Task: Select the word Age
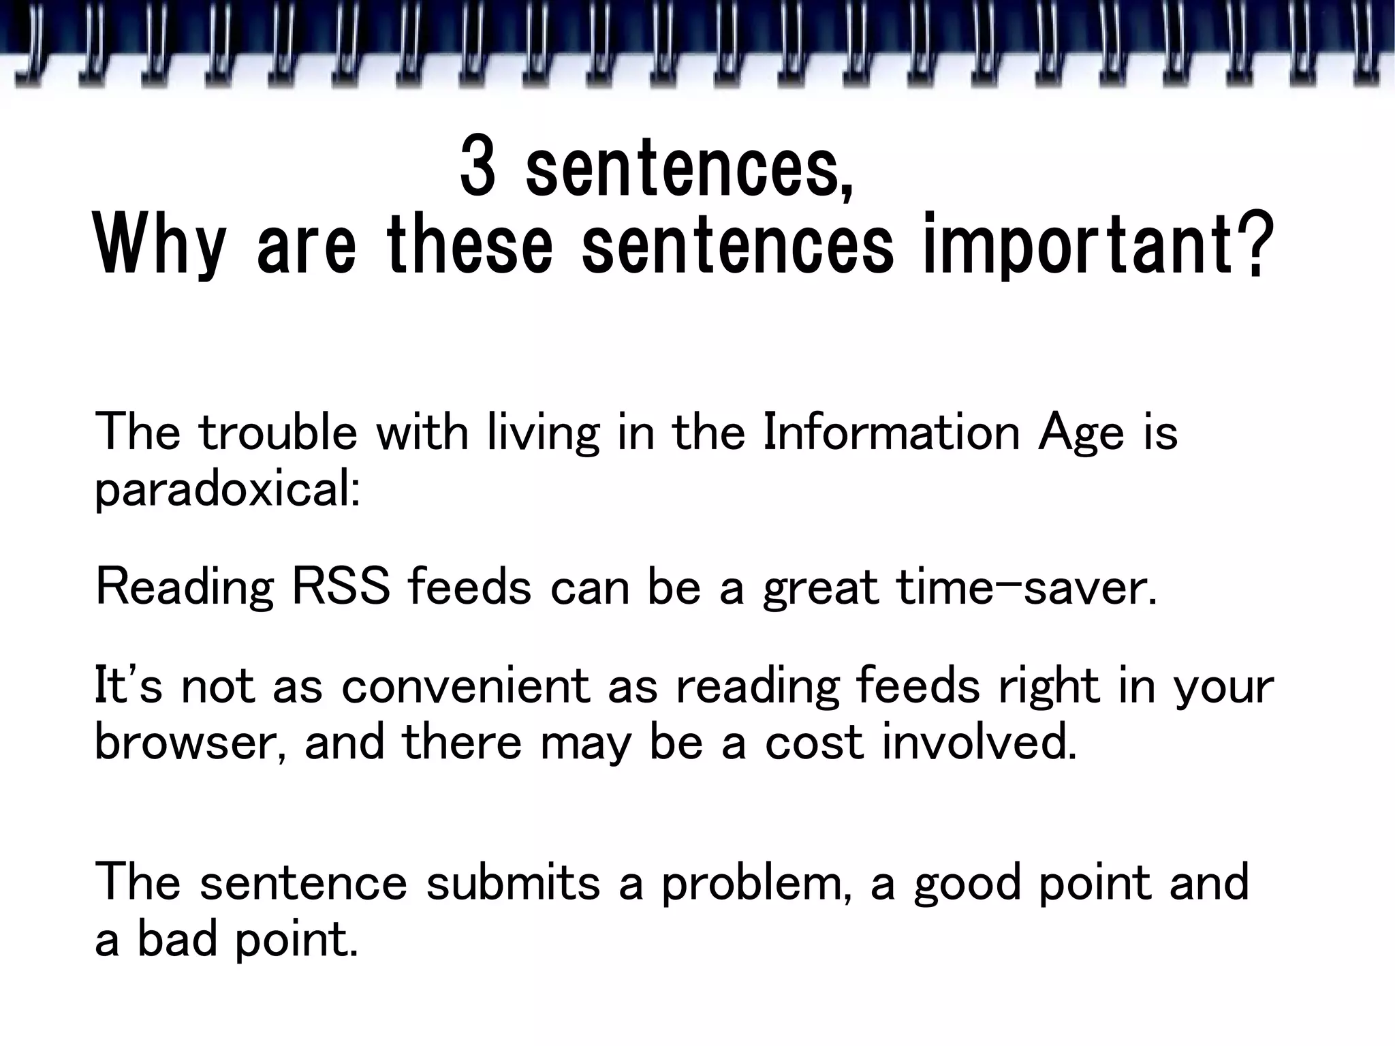click(1080, 434)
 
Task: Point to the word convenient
click(465, 686)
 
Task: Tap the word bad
click(180, 940)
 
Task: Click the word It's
click(127, 686)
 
